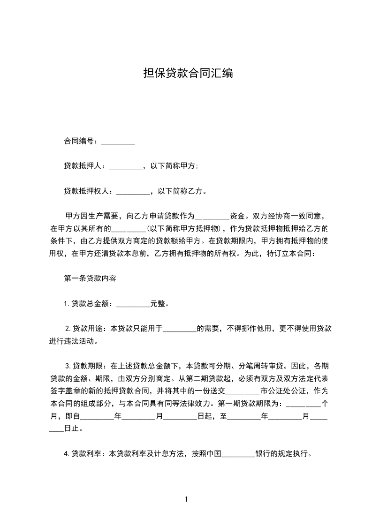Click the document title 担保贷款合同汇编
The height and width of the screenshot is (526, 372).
point(188,74)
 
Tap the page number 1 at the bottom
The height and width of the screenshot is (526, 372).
point(186,500)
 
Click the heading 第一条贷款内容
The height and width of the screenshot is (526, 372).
point(86,278)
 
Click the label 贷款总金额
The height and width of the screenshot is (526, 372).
point(91,303)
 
